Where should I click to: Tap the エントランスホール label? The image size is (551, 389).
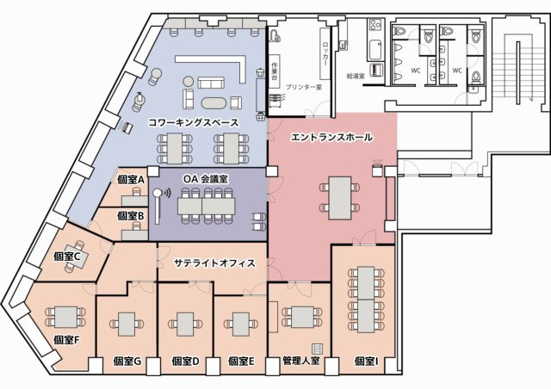point(331,138)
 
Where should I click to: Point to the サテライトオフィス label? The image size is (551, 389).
point(214,262)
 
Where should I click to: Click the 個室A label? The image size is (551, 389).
point(130,180)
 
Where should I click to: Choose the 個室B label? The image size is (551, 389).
point(130,215)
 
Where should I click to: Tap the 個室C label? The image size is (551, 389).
point(66,256)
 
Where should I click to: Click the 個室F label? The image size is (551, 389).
point(66,339)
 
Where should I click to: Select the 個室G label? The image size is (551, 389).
point(127,361)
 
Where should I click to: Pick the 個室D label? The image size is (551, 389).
point(185,361)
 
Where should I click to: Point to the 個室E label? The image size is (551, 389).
point(240,361)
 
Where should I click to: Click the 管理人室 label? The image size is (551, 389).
point(300,361)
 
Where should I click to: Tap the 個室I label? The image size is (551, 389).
point(367,361)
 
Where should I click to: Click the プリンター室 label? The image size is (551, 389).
point(303,88)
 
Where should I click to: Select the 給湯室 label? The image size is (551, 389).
point(355,76)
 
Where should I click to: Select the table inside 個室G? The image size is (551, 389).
point(128,324)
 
